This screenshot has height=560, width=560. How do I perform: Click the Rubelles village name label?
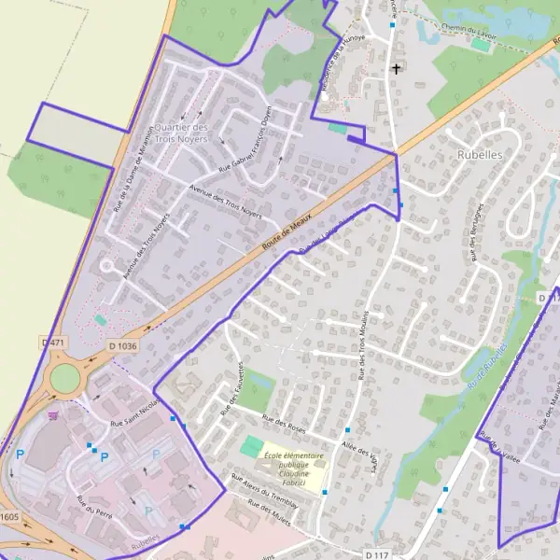point(481,155)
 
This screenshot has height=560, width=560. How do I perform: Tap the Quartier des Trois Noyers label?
point(182,133)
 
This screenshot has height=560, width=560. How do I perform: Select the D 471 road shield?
point(55,343)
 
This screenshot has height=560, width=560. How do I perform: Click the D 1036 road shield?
point(122,346)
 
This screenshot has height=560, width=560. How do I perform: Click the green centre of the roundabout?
point(65,378)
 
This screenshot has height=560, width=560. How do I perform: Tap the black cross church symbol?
point(396,69)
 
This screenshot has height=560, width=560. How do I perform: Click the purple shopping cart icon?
point(54,415)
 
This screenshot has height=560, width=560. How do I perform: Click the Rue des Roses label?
point(285,427)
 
